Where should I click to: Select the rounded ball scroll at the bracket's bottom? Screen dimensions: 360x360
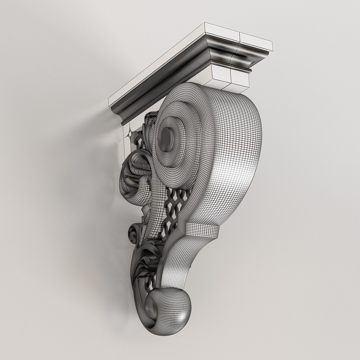pyautogui.click(x=167, y=308)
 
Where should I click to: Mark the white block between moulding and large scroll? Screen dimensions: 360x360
pyautogui.click(x=230, y=78)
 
